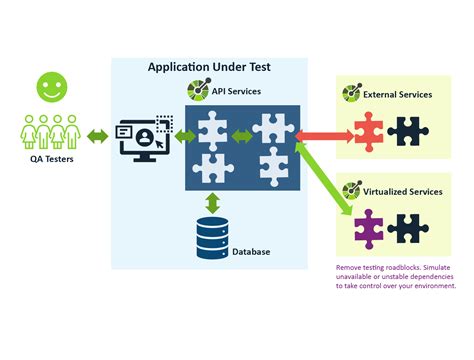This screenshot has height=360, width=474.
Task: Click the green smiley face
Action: coord(47,87)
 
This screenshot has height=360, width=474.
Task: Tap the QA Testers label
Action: coord(45,159)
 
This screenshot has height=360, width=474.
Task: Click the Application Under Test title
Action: coord(209,67)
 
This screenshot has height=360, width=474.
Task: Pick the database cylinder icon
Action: coord(210,235)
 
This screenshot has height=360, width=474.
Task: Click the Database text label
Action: coord(251,252)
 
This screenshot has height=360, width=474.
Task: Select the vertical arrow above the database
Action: coord(212,200)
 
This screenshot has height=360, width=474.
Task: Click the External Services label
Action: coord(399,94)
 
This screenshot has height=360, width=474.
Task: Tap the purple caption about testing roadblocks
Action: coord(395,277)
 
